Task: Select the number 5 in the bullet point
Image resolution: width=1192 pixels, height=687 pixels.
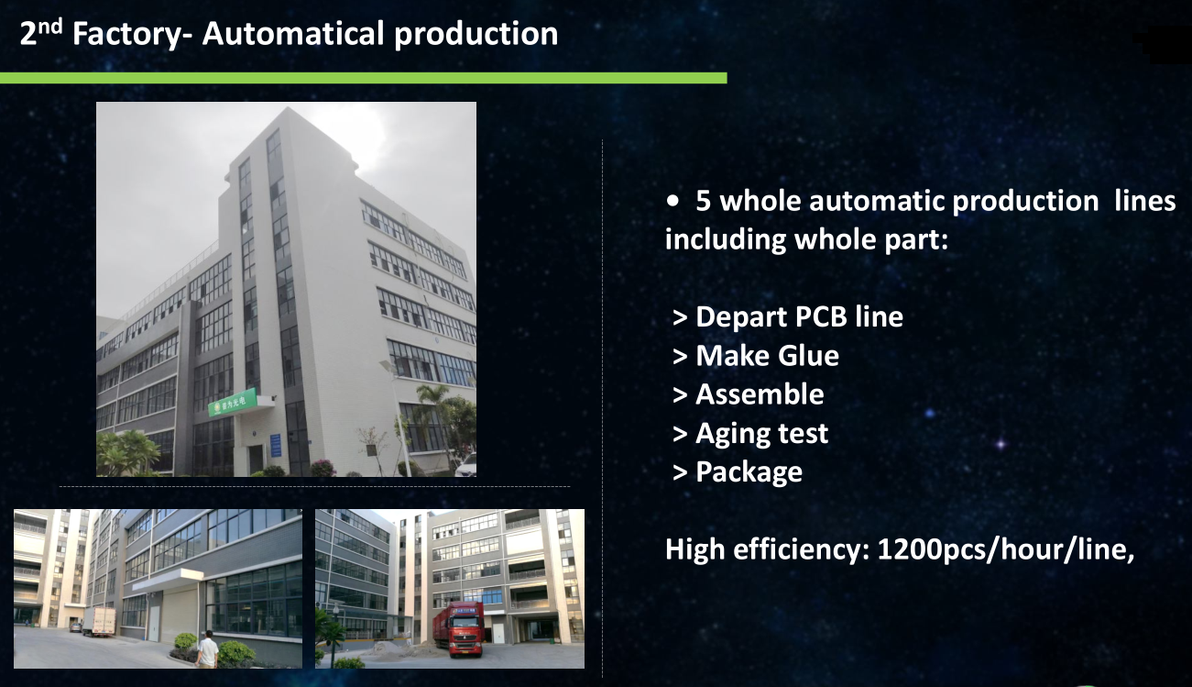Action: (703, 201)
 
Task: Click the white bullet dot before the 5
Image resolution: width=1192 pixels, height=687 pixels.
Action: (673, 201)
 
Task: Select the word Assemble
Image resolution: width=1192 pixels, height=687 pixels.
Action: (760, 394)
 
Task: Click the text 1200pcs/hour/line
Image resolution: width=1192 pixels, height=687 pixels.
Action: (1006, 549)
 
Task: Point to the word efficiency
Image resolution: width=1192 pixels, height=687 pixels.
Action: (802, 549)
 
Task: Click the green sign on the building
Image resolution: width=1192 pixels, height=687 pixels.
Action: (233, 403)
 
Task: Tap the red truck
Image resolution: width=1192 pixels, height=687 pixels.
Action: (459, 629)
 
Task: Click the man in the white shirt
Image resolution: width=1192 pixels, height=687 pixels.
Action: (207, 649)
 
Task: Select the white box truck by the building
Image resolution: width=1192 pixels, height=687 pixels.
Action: (98, 622)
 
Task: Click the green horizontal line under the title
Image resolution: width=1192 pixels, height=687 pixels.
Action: (364, 78)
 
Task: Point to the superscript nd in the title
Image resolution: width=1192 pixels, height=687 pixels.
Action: (50, 26)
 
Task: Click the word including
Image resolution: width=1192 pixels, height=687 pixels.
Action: (725, 240)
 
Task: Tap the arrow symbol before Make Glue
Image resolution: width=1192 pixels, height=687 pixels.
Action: (680, 357)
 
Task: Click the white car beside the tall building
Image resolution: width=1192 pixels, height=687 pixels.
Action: (466, 465)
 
